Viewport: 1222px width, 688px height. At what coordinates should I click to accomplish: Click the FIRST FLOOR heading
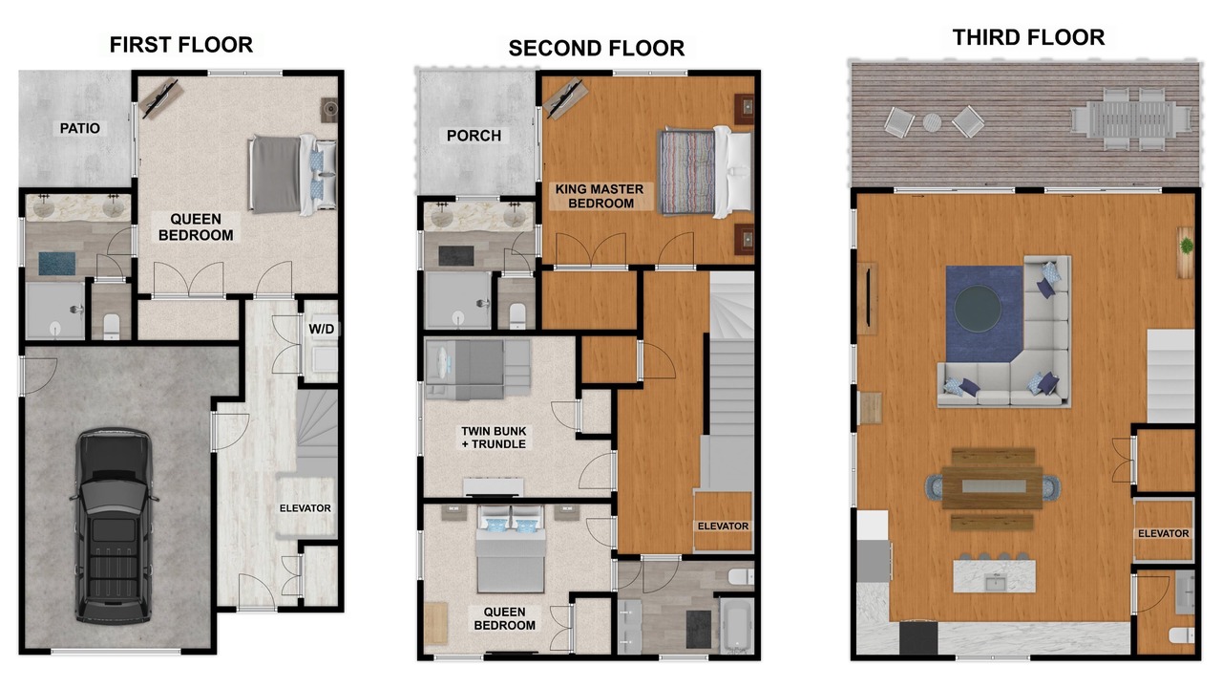click(x=181, y=45)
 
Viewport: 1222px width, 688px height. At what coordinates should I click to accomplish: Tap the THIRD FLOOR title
click(x=1028, y=37)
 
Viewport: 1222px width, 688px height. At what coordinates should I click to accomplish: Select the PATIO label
click(x=79, y=128)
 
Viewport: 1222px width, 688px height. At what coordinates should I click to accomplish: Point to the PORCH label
click(x=474, y=136)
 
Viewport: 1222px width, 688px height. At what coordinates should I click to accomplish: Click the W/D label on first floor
click(x=322, y=329)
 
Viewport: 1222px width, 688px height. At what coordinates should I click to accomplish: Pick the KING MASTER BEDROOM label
click(x=600, y=196)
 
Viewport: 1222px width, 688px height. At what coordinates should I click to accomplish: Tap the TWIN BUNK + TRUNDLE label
click(x=494, y=438)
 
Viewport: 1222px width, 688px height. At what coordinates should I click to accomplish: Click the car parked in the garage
click(x=114, y=526)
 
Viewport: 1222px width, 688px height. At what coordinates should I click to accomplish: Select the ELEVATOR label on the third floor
click(x=1163, y=533)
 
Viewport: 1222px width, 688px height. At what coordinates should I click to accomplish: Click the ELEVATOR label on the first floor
click(x=305, y=508)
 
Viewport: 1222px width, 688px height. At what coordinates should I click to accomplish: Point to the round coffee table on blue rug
click(x=978, y=309)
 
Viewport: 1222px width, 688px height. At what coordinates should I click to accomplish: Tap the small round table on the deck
click(x=932, y=122)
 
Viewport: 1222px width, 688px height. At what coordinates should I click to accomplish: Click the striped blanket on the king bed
click(x=687, y=172)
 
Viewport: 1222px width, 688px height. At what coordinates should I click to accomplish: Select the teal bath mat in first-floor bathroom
click(x=56, y=264)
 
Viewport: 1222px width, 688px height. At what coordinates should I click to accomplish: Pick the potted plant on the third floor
click(x=1186, y=246)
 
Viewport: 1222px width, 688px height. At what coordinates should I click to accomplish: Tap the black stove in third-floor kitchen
click(x=918, y=637)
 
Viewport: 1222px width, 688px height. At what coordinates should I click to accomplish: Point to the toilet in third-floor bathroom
click(x=1182, y=635)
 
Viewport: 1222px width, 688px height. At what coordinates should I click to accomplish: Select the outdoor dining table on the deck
click(x=1132, y=119)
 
